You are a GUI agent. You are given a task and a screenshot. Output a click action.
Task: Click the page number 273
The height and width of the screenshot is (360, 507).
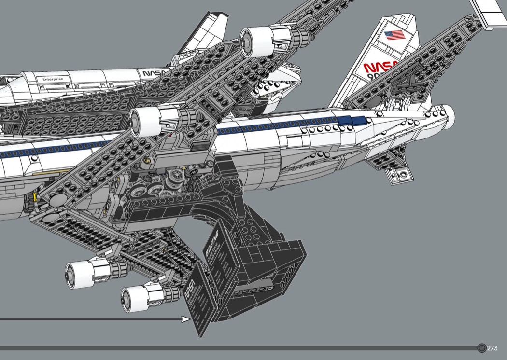coord(493,348)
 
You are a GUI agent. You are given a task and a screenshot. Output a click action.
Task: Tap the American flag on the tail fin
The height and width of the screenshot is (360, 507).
coord(394,35)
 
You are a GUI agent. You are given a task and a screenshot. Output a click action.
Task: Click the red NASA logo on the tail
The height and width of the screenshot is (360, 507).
coord(381,67)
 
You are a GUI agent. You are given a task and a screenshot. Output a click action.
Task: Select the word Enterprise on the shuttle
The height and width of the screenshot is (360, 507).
coord(53,79)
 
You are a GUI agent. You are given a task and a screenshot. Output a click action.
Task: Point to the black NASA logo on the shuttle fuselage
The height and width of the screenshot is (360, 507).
coord(154,73)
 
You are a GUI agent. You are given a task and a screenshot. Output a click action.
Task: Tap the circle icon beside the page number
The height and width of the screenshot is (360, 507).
coord(481,348)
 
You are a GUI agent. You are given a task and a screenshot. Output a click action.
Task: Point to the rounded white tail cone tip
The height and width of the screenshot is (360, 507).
coord(449,114)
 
